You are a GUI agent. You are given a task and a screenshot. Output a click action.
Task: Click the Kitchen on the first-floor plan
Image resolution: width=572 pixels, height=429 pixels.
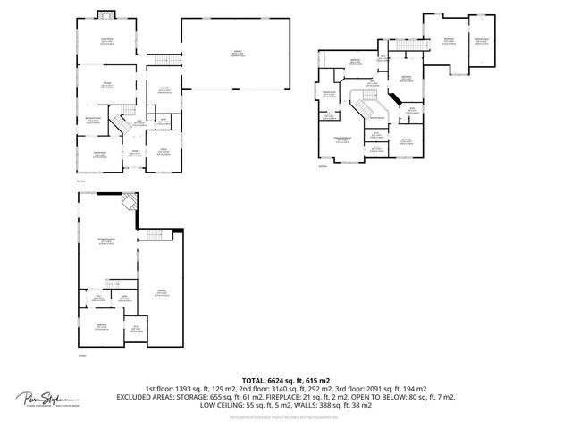(105, 85)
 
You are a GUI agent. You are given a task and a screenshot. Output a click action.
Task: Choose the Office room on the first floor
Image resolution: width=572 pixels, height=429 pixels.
(163, 152)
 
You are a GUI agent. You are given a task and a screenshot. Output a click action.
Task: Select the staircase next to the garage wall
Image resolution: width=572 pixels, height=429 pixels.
(163, 60)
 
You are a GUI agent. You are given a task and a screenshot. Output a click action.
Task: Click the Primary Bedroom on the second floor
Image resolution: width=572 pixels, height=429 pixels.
(341, 139)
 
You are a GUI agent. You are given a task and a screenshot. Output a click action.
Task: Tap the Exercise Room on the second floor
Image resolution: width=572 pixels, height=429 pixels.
(327, 95)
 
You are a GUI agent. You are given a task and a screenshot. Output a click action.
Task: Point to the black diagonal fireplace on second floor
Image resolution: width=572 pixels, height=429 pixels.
(391, 99)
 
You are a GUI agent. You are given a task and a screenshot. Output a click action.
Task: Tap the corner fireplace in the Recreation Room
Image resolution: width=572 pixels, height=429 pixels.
(130, 201)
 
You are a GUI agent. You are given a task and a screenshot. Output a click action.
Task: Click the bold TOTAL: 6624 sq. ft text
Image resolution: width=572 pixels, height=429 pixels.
(285, 381)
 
